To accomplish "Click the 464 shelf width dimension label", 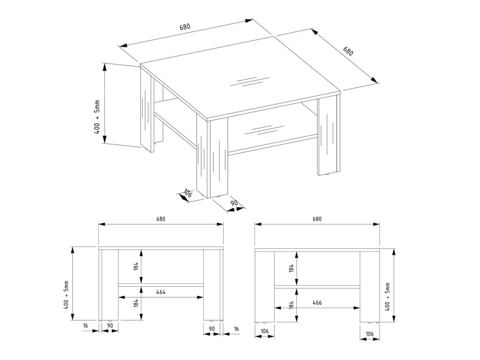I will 161,292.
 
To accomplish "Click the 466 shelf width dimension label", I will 317,303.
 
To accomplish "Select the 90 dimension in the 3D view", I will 234,203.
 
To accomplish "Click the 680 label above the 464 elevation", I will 161,219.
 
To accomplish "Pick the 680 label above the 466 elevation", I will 317,219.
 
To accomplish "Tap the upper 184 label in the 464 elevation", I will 136,266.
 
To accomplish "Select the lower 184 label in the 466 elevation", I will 292,306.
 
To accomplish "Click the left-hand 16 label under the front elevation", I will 85,326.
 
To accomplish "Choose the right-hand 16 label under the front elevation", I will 236,329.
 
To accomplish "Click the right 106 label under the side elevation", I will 369,334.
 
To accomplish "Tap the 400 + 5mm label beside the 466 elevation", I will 388,297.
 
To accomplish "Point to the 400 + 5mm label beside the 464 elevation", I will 66,295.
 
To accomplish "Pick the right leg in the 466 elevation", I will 369,286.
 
